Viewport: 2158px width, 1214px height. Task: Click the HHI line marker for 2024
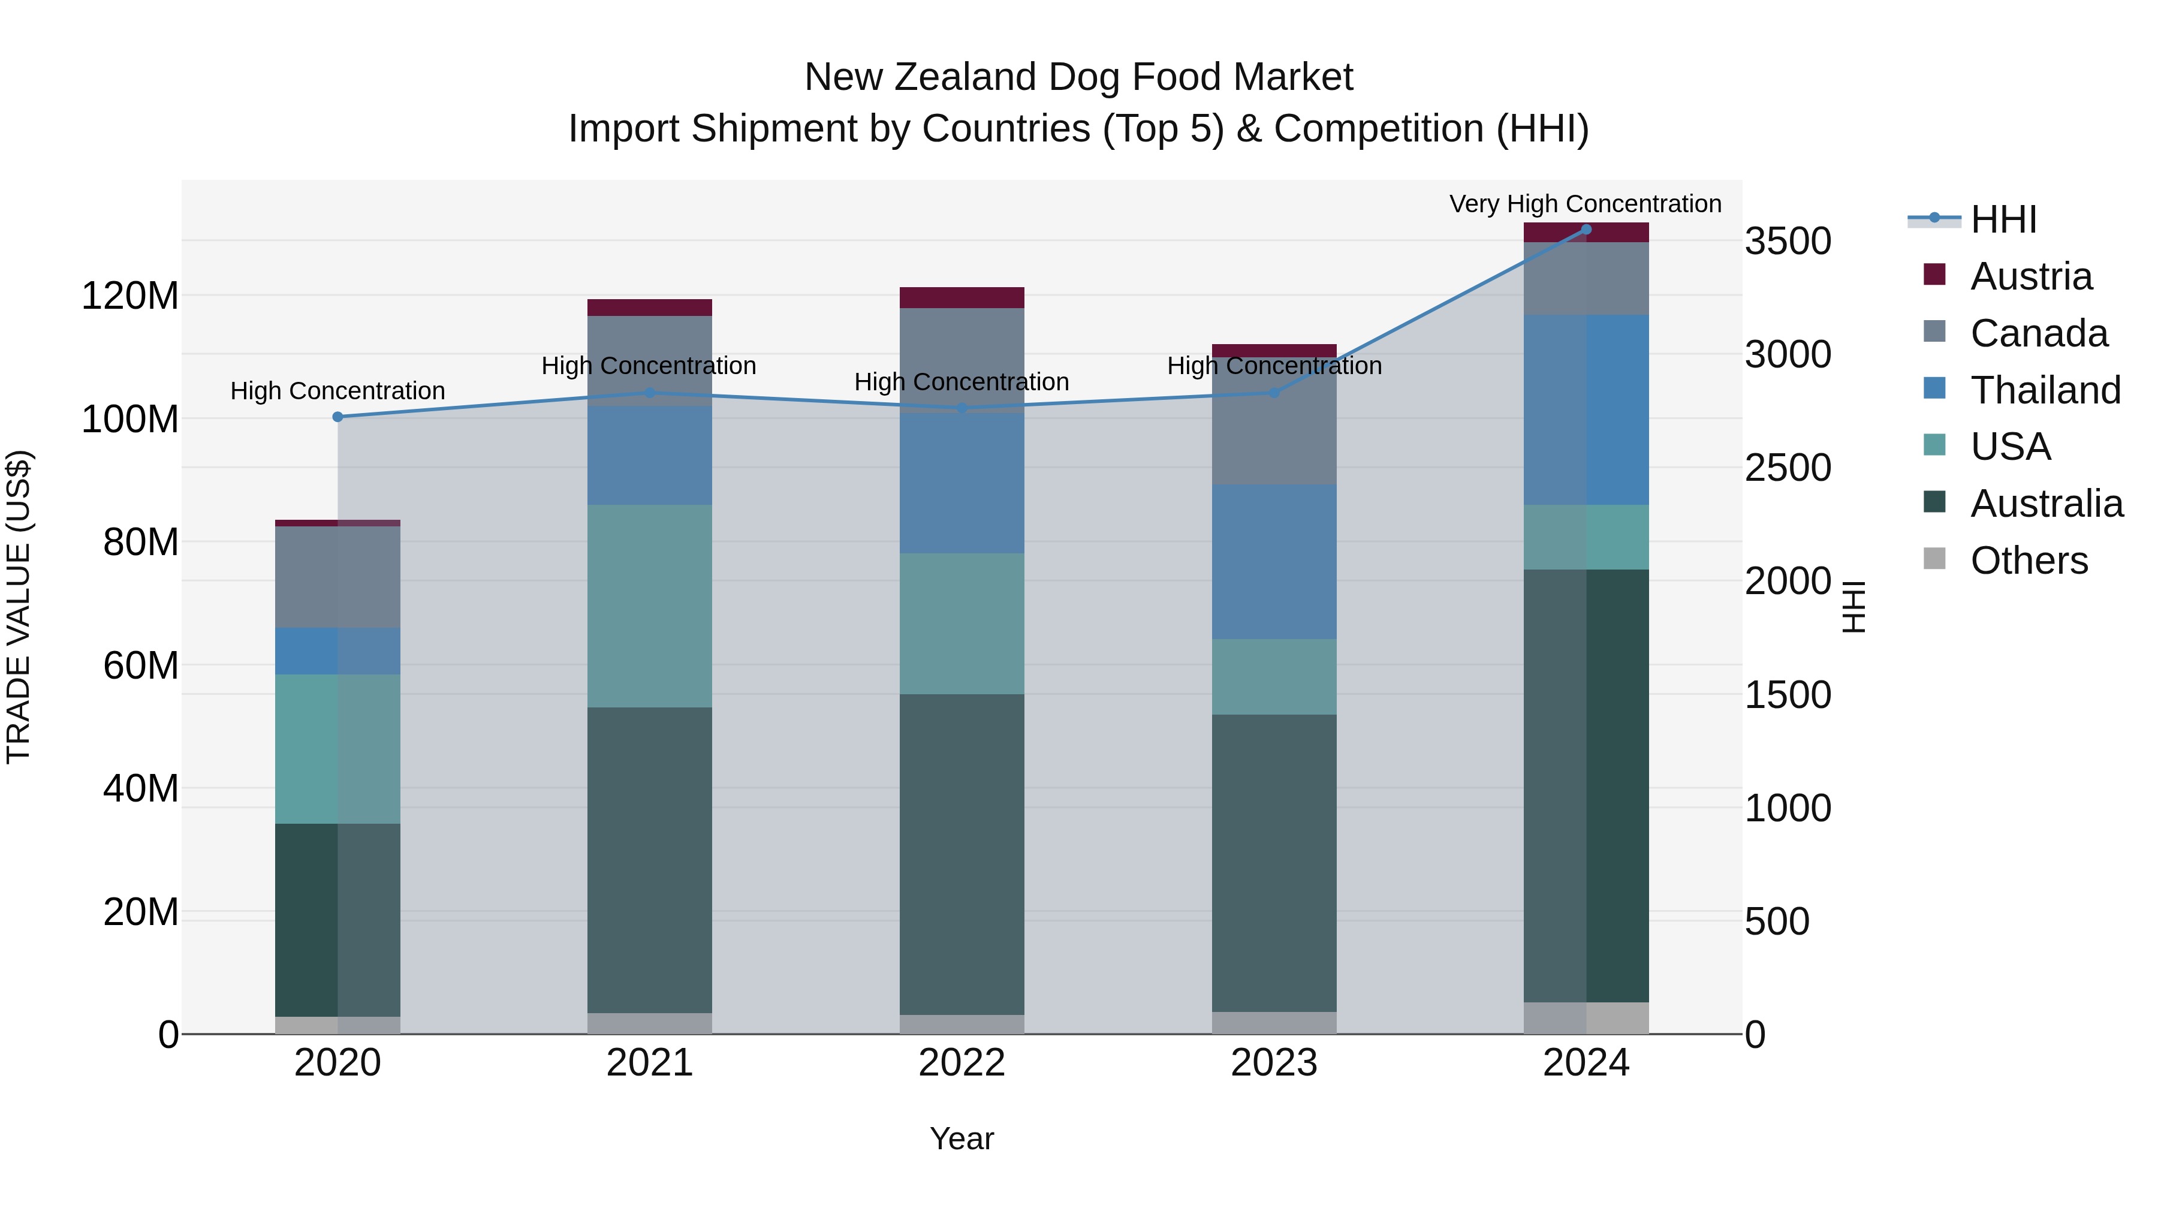tap(1586, 230)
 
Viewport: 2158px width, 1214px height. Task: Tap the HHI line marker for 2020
tap(337, 417)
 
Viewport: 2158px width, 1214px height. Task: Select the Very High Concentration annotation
tap(1585, 204)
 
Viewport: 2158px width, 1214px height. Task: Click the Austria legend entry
tap(2031, 276)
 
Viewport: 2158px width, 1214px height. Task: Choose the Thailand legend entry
tap(2045, 390)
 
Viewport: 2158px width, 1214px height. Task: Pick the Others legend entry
tap(2028, 561)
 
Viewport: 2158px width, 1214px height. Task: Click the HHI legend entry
tap(2002, 219)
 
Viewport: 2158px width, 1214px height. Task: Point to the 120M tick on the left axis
tap(130, 296)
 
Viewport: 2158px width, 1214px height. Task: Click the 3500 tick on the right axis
tap(1787, 241)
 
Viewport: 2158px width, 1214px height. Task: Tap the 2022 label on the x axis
tap(962, 1063)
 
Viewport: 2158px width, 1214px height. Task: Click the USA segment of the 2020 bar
tap(337, 748)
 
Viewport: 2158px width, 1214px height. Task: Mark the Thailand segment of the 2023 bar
tap(1274, 561)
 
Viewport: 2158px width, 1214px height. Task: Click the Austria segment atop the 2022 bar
tap(962, 297)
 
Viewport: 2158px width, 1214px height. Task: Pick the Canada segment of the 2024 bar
tap(1586, 278)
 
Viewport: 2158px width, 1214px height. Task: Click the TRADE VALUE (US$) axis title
tap(19, 607)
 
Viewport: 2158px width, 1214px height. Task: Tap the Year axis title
tap(962, 1138)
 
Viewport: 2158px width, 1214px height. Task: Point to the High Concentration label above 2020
tap(337, 390)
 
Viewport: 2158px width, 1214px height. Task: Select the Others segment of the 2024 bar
tap(1586, 1017)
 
